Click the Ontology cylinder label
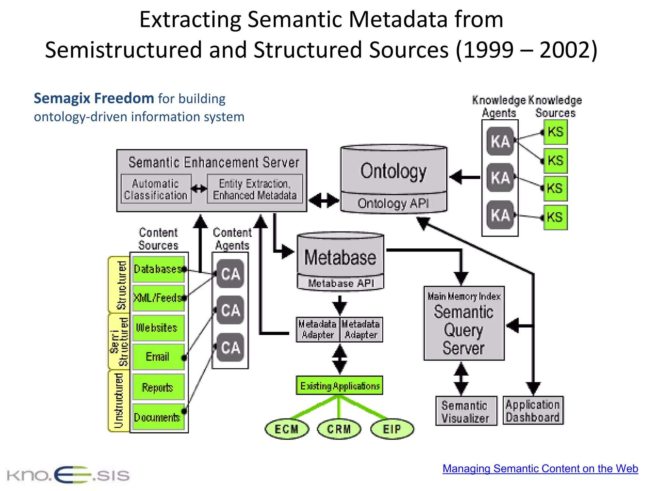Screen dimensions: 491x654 click(393, 171)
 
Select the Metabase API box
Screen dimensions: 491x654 click(340, 283)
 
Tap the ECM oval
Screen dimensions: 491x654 click(287, 429)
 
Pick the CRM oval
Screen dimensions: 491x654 click(339, 429)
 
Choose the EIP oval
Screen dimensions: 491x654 click(392, 429)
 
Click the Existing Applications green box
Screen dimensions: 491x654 click(339, 386)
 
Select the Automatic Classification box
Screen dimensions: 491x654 click(156, 189)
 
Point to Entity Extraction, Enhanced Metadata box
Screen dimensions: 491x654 click(255, 189)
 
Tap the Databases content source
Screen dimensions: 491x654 click(158, 269)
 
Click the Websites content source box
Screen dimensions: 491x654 click(158, 328)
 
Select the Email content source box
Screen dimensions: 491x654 click(158, 356)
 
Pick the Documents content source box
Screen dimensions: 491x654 click(158, 417)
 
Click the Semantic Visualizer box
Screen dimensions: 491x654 click(466, 411)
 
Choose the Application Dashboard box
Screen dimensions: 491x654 click(533, 411)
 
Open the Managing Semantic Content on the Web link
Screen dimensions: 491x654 click(540, 469)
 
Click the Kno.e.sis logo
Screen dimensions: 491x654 click(68, 475)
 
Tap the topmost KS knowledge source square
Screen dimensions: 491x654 click(555, 132)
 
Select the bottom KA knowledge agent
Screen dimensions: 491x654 click(500, 215)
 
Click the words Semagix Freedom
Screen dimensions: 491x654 click(94, 98)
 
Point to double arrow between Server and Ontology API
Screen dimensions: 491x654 click(324, 200)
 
